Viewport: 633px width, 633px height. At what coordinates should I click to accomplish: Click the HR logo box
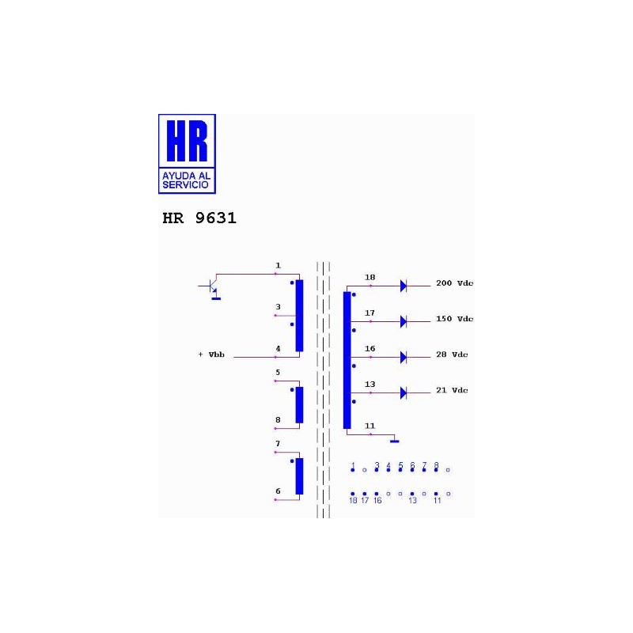click(x=187, y=154)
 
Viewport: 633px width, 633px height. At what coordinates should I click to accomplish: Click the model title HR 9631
click(x=199, y=218)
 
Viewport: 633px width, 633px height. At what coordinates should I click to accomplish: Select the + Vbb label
click(x=211, y=354)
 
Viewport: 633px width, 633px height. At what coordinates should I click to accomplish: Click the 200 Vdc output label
click(x=454, y=283)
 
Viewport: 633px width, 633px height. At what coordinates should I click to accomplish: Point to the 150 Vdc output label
click(x=454, y=319)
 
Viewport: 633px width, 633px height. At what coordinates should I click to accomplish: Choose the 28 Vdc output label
click(x=452, y=354)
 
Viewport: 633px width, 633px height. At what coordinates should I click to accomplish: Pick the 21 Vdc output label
click(x=452, y=390)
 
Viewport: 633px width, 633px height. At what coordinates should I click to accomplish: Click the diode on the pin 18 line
click(x=403, y=286)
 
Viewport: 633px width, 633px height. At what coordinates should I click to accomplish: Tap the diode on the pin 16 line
click(x=403, y=357)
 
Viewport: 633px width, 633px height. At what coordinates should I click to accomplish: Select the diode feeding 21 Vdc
click(x=403, y=392)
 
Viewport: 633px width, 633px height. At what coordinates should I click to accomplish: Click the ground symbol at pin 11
click(x=394, y=440)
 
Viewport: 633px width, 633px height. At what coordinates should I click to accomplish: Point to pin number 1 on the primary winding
click(x=278, y=265)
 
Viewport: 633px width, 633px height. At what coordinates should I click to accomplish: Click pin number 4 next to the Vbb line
click(x=278, y=348)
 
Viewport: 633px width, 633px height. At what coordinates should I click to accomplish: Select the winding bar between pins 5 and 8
click(x=299, y=404)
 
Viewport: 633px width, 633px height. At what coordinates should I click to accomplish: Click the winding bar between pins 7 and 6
click(x=299, y=476)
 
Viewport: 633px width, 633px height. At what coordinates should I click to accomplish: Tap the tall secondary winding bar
click(x=347, y=360)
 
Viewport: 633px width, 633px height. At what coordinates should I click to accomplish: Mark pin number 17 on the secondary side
click(x=370, y=313)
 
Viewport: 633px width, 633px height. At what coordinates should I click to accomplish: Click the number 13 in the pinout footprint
click(x=412, y=501)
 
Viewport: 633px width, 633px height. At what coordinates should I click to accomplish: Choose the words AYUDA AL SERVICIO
click(x=187, y=180)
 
